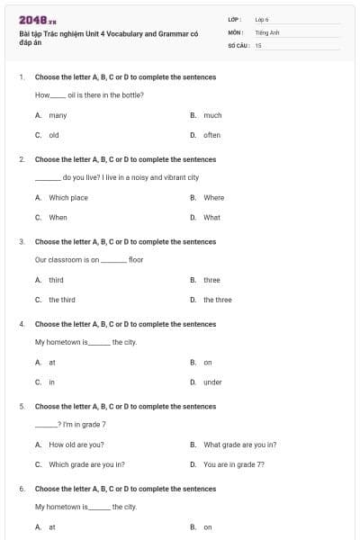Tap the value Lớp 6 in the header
262,19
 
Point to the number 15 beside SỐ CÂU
258,44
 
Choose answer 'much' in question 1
212,115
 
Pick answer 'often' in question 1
211,135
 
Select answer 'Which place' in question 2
68,197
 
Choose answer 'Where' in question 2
213,197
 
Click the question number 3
22,241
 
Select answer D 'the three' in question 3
217,300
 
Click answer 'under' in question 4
212,382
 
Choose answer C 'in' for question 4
52,382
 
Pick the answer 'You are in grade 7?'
234,464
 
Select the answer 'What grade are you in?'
239,444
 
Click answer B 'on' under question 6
208,526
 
